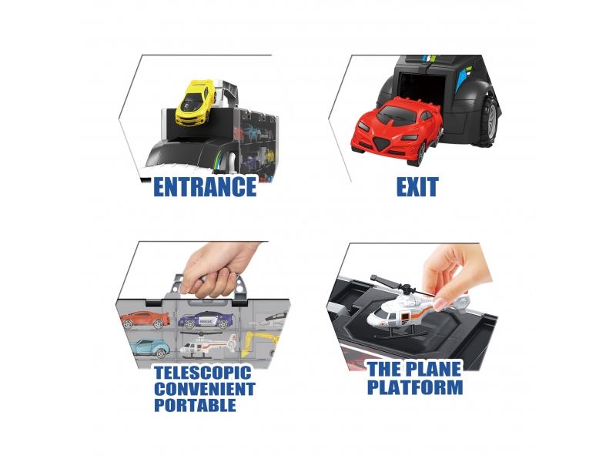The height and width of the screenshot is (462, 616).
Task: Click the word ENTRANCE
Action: tap(204, 186)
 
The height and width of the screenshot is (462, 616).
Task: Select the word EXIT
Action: tap(417, 186)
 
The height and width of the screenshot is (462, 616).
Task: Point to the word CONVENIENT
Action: tap(204, 390)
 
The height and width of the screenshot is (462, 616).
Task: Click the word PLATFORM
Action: tap(415, 387)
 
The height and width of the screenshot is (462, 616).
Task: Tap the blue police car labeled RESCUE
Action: tap(204, 320)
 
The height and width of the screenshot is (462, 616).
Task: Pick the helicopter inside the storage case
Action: tap(208, 346)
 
